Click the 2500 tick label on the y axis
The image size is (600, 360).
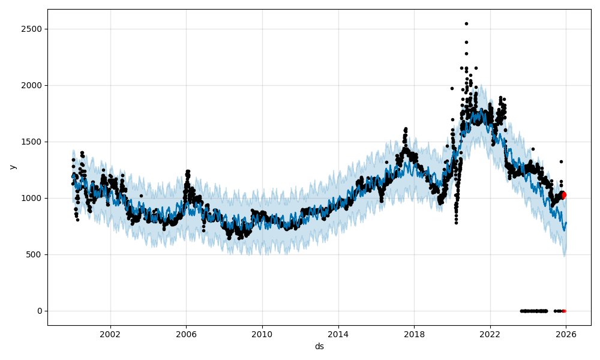(31, 29)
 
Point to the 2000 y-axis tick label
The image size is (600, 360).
(31, 85)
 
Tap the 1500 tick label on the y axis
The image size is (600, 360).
(31, 142)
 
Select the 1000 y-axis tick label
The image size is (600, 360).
(31, 198)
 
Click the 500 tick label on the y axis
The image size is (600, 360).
(35, 254)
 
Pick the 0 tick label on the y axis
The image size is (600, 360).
(40, 311)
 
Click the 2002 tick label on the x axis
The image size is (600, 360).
(110, 334)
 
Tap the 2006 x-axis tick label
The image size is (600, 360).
(186, 334)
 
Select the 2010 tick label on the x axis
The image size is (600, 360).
(262, 334)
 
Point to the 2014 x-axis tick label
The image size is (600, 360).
(338, 334)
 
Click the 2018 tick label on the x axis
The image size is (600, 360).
(414, 334)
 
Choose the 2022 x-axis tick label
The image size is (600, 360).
(490, 334)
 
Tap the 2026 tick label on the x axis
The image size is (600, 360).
(566, 334)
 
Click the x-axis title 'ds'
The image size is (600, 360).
(319, 346)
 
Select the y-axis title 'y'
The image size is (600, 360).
(11, 167)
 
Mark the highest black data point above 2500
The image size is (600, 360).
(466, 23)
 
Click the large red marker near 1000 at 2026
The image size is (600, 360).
(563, 195)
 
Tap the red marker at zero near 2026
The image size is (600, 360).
(564, 311)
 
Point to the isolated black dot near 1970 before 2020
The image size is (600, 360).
(452, 88)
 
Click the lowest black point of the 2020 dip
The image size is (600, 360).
(456, 223)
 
